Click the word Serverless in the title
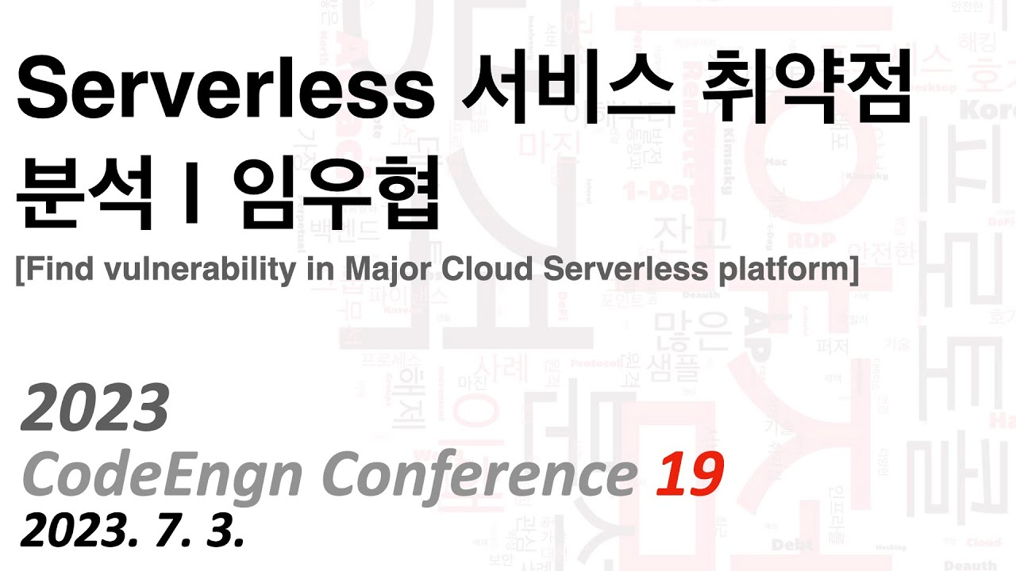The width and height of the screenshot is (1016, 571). click(x=226, y=90)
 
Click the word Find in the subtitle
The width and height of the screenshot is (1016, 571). click(x=60, y=270)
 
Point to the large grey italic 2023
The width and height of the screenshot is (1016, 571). click(x=96, y=407)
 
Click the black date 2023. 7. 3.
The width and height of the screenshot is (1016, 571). click(x=132, y=530)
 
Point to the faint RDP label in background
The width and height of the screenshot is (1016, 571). click(x=806, y=238)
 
